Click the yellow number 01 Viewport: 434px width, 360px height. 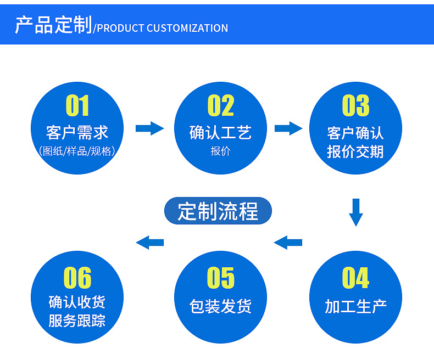pyautogui.click(x=77, y=105)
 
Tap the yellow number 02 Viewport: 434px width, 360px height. pyautogui.click(x=221, y=105)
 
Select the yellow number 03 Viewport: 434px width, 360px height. pyautogui.click(x=355, y=105)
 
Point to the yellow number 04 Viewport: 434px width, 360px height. pyautogui.click(x=355, y=278)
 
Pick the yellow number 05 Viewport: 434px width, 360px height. pyautogui.click(x=221, y=278)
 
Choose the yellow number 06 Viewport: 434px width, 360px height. pyautogui.click(x=77, y=278)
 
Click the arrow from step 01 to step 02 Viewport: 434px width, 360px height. pyautogui.click(x=150, y=128)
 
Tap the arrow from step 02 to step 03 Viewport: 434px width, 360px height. pyautogui.click(x=288, y=128)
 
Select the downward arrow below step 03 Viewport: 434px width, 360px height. pyautogui.click(x=356, y=212)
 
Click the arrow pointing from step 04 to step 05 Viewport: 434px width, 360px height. pyautogui.click(x=288, y=243)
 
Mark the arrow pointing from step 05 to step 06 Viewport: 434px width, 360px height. pyautogui.click(x=150, y=243)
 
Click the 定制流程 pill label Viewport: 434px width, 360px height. pyautogui.click(x=218, y=211)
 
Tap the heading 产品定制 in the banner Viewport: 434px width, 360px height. pyautogui.click(x=53, y=25)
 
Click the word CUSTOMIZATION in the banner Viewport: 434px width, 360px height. pyautogui.click(x=187, y=28)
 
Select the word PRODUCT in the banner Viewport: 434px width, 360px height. pyautogui.click(x=120, y=28)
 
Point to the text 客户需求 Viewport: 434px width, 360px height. pyautogui.click(x=77, y=132)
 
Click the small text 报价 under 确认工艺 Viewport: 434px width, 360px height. pyautogui.click(x=221, y=151)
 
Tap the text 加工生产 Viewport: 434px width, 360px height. pyautogui.click(x=355, y=306)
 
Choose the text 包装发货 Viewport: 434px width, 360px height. pyautogui.click(x=221, y=306)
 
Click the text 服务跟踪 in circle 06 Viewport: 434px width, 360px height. pyautogui.click(x=77, y=320)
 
